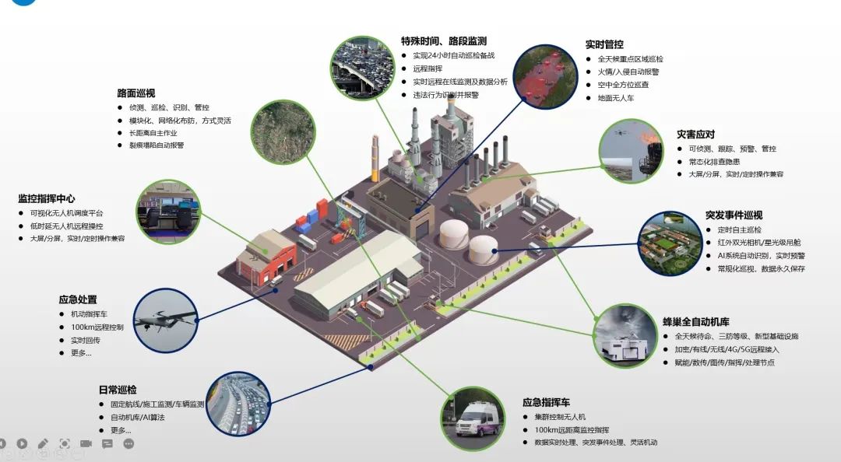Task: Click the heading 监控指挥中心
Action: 47,199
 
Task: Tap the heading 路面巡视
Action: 136,93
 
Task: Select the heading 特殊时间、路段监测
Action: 444,41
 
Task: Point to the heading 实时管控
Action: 604,45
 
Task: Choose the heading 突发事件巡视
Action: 734,215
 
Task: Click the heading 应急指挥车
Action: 546,403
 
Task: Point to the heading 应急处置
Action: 78,299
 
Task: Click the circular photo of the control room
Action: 167,209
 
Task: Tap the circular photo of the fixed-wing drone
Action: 166,320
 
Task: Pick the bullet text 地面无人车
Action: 616,98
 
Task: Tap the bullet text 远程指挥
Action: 427,68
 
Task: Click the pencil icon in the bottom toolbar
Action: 43,444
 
